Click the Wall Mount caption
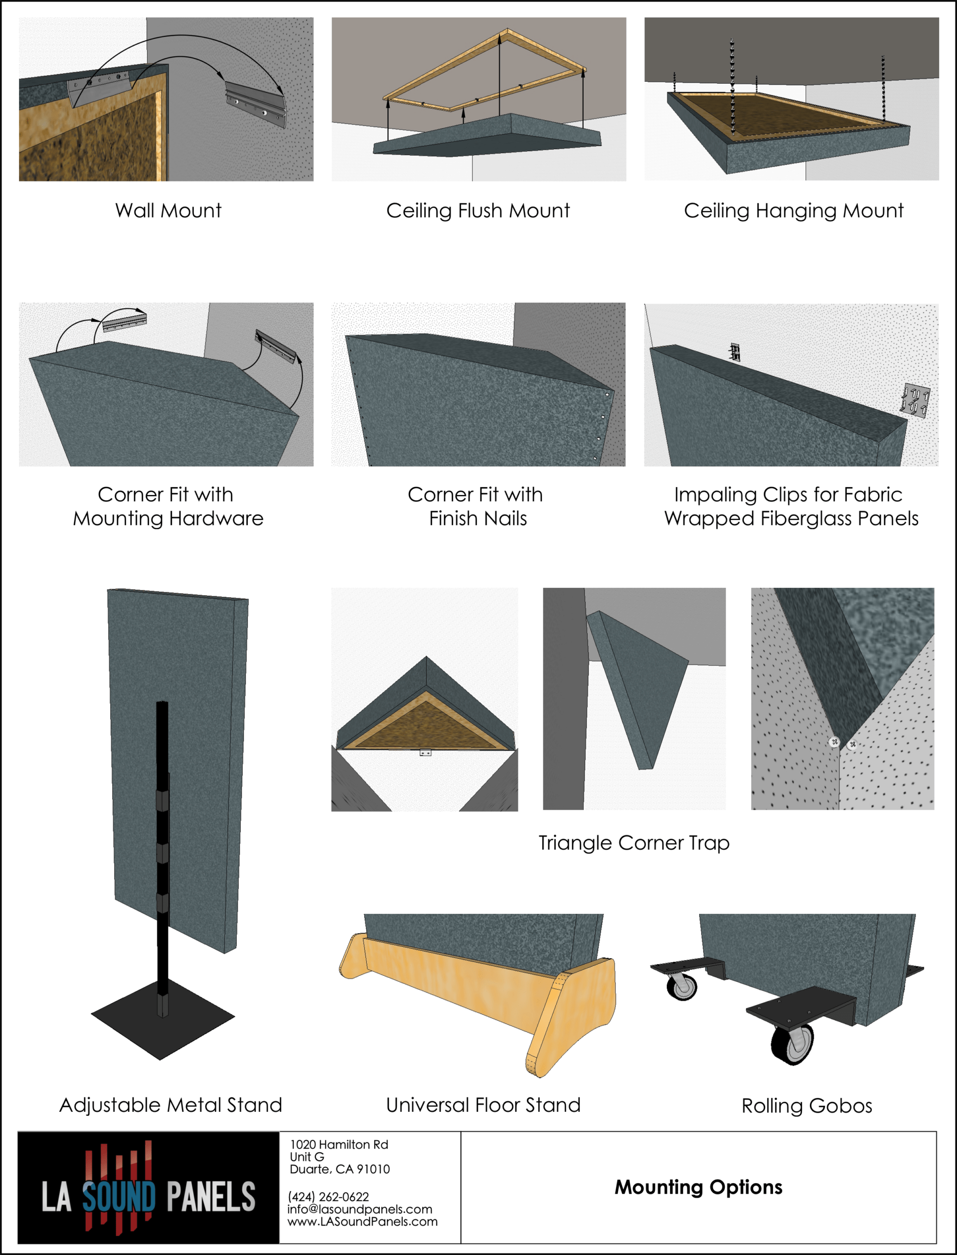coord(168,210)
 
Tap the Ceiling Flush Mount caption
coord(478,210)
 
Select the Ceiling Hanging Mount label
coord(793,210)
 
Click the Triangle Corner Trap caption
coord(634,843)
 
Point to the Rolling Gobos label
coord(806,1106)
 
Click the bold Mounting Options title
coord(698,1187)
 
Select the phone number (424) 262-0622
coord(328,1196)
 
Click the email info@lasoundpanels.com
coord(359,1209)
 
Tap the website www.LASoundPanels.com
coord(362,1222)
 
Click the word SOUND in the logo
coord(119,1196)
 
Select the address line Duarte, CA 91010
coord(339,1169)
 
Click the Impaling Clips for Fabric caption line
coord(788,495)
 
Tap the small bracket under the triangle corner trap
coord(425,752)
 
